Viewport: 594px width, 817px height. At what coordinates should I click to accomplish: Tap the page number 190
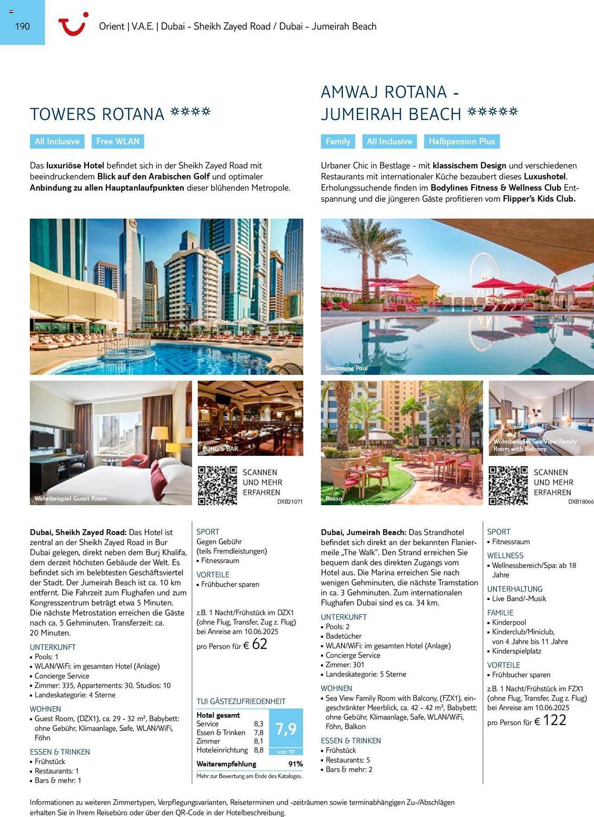22,27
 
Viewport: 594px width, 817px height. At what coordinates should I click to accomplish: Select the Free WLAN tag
118,141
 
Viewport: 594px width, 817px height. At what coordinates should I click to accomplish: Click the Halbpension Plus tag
462,141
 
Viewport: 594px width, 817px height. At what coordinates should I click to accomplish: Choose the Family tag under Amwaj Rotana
338,141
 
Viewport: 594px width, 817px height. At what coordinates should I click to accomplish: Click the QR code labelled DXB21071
217,486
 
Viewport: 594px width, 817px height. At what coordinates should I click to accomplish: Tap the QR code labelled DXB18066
508,486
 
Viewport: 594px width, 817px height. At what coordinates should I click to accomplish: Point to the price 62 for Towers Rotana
259,644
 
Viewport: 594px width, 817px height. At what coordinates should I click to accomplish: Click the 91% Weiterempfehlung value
295,764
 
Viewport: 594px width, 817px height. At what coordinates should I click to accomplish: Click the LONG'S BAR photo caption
220,449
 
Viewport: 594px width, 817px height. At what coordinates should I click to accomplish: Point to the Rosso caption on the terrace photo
334,498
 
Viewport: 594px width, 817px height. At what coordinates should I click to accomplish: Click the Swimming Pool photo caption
346,368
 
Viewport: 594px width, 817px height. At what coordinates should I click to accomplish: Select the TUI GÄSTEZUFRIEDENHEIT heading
241,701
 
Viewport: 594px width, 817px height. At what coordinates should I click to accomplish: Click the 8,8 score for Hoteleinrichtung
258,750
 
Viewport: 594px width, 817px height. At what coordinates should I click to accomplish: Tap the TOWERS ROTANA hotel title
97,114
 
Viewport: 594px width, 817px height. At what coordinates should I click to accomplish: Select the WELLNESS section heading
505,556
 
